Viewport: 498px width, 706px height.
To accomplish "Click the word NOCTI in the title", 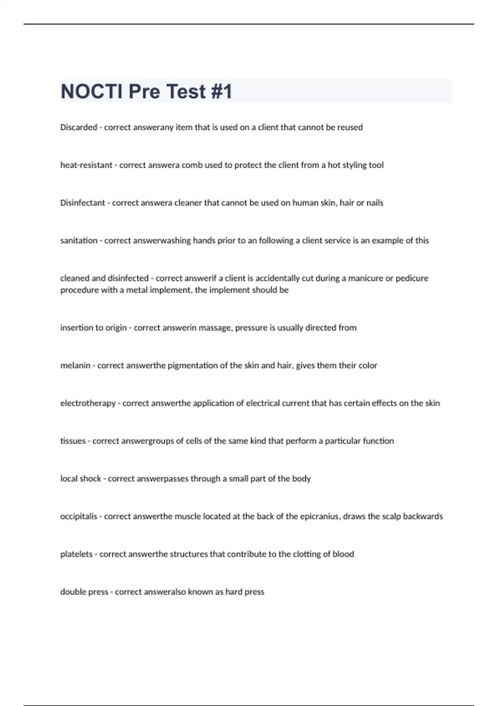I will pos(92,91).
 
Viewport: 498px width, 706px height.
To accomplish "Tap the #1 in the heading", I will pos(221,91).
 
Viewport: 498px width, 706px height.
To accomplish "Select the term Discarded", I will pos(78,127).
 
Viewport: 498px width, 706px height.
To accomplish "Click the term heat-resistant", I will pos(86,165).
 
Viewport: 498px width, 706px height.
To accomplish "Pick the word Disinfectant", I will pos(83,203).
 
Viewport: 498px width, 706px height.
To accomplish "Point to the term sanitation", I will pos(78,240).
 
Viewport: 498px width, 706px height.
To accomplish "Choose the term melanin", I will pos(75,365).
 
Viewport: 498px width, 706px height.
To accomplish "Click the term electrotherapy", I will pos(88,403).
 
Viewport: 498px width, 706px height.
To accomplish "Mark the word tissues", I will pos(73,441).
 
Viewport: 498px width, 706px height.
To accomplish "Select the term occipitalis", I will pos(78,516).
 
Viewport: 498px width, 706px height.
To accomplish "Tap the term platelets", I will pos(76,554).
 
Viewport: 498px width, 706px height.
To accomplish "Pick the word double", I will pos(72,592).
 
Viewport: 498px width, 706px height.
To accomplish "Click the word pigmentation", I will pos(193,365).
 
